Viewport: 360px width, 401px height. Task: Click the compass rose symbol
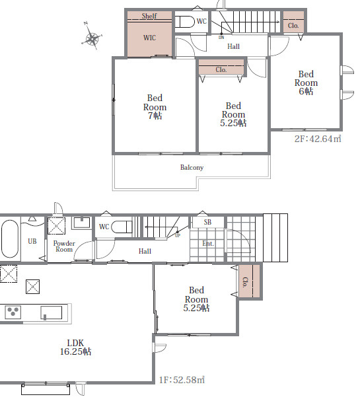point(92,38)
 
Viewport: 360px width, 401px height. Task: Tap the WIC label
point(149,38)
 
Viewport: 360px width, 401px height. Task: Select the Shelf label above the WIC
point(149,16)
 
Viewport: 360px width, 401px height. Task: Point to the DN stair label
point(221,38)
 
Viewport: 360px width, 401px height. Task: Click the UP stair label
point(178,235)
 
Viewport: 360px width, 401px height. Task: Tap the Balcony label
point(192,167)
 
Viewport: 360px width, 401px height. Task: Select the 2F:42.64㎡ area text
point(318,139)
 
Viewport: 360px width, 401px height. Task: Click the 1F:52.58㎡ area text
point(182,379)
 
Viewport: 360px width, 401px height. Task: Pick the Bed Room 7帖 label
point(155,107)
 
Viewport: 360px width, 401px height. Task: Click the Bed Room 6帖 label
point(306,83)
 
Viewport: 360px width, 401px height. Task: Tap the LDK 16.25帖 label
point(75,347)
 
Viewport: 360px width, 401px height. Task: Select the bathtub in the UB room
point(10,239)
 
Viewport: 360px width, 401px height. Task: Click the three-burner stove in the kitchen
point(13,312)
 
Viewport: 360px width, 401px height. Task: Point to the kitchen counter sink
point(51,312)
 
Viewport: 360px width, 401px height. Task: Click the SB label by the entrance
point(207,222)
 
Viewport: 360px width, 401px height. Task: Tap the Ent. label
point(208,243)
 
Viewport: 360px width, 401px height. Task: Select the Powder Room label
point(64,246)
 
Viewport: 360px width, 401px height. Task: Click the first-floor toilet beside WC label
point(122,227)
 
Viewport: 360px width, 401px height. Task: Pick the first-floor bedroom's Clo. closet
point(249,281)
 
